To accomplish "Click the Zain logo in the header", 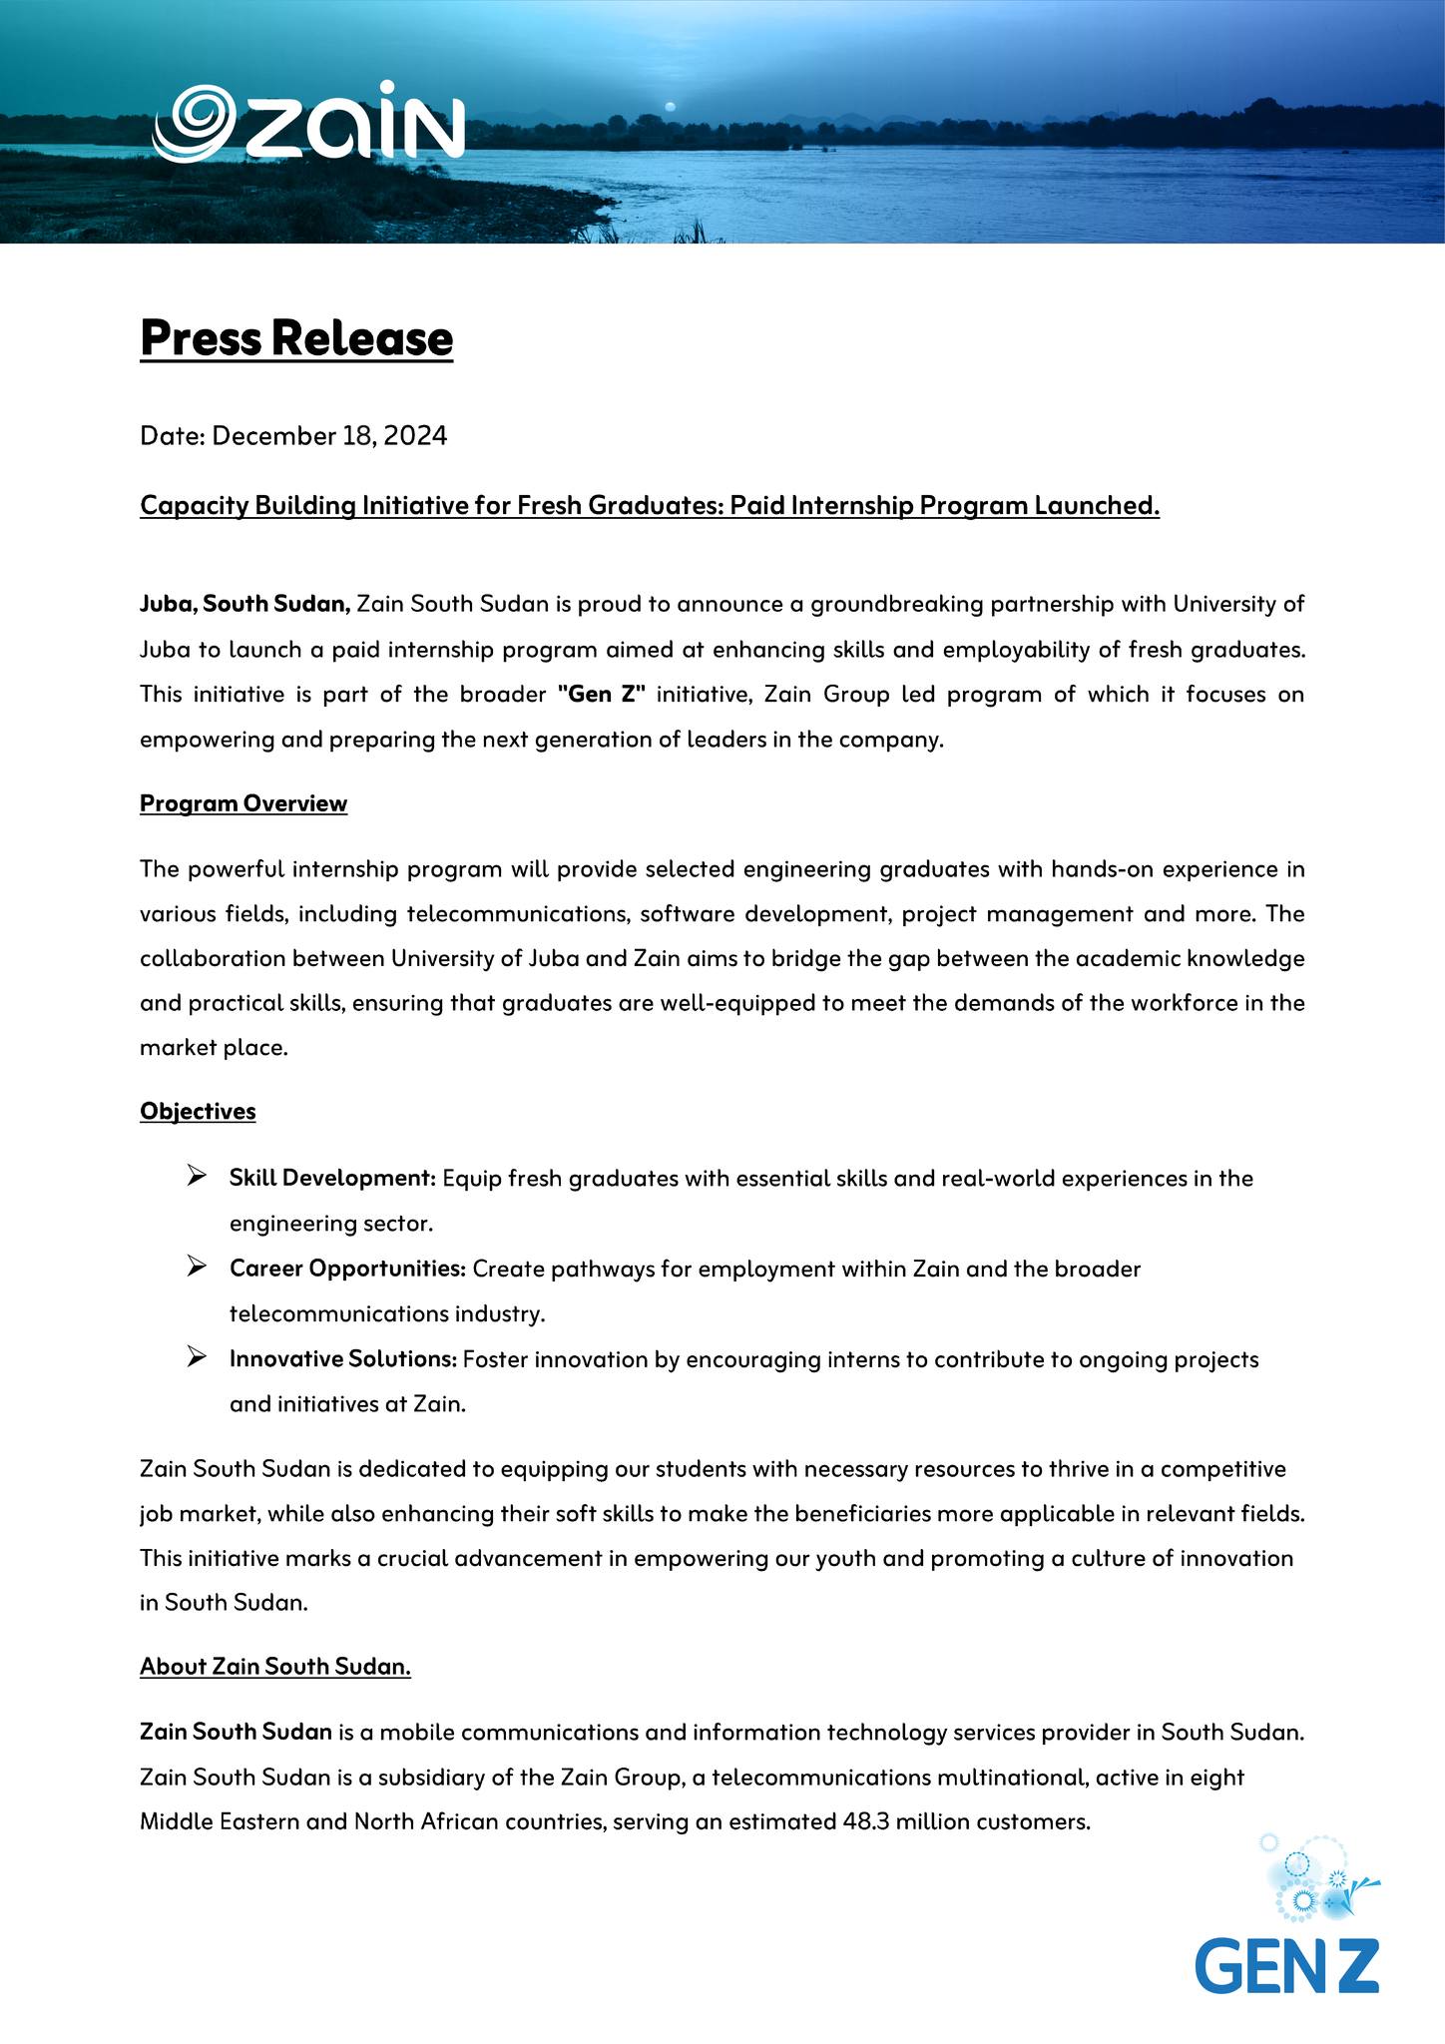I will (x=309, y=122).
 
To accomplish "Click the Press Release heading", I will (x=296, y=338).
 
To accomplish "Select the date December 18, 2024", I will (x=329, y=436).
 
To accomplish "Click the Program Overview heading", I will (x=243, y=803).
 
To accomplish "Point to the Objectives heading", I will (x=198, y=1111).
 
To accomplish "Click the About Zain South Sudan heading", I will (x=275, y=1666).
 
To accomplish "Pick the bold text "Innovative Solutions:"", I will (x=343, y=1358).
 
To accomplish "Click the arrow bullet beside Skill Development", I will (x=196, y=1177).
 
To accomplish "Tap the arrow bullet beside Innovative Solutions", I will (x=196, y=1357).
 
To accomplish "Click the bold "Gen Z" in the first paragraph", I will (x=602, y=694).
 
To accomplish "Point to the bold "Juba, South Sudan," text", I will (x=244, y=604).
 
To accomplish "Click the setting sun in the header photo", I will (x=671, y=106).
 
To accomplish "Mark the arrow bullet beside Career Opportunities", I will (x=196, y=1268).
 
